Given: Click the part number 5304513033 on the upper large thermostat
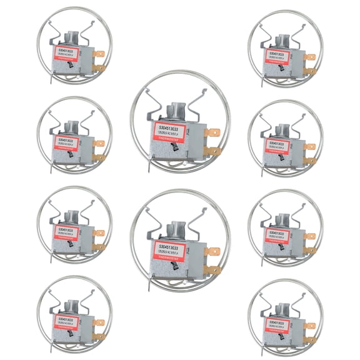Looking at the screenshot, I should pyautogui.click(x=168, y=126).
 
